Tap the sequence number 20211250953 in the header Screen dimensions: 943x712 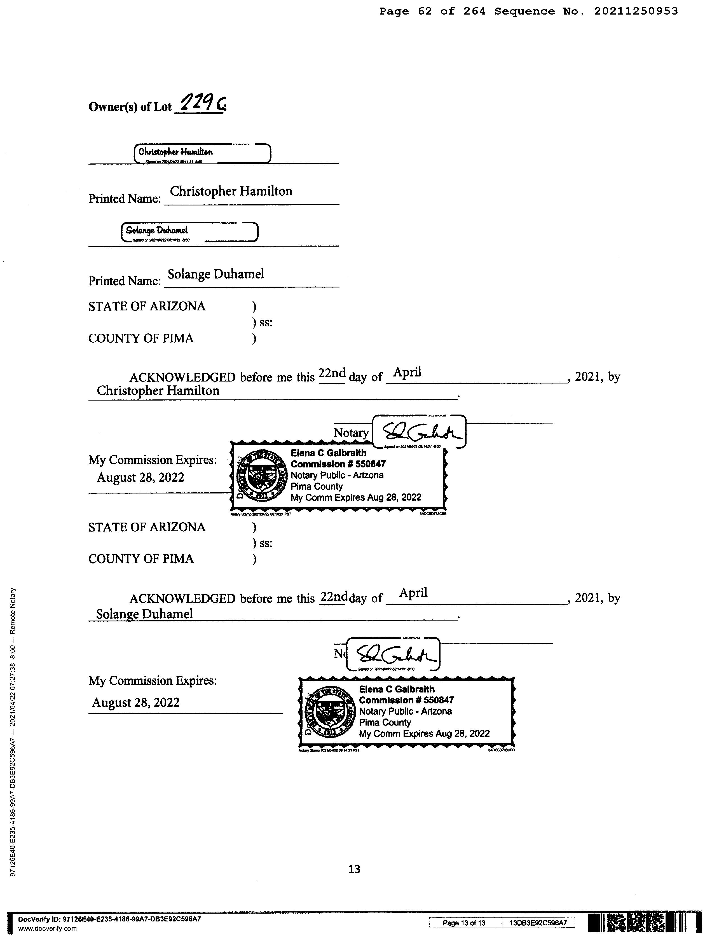pyautogui.click(x=636, y=11)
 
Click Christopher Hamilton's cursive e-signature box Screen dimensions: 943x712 pyautogui.click(x=202, y=153)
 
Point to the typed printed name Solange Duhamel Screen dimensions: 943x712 pyautogui.click(x=216, y=274)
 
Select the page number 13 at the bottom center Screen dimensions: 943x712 pyautogui.click(x=355, y=869)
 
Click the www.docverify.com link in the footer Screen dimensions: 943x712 pyautogui.click(x=47, y=928)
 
